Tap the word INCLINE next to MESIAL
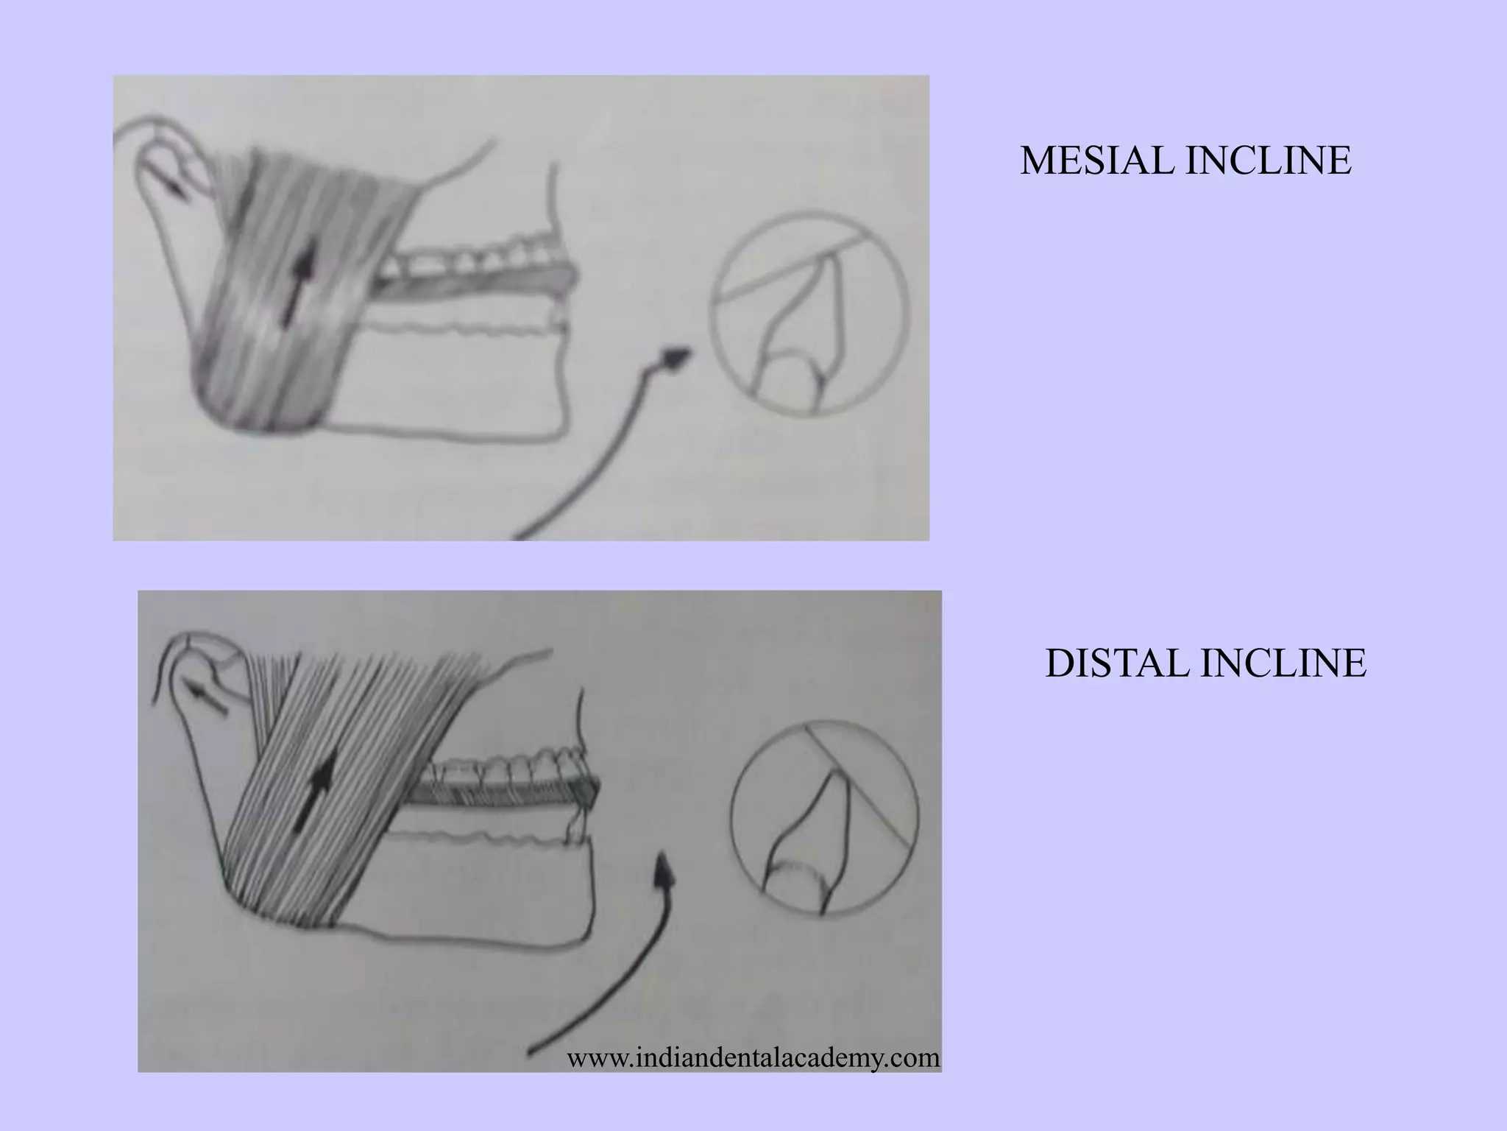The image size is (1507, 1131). [x=1268, y=161]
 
